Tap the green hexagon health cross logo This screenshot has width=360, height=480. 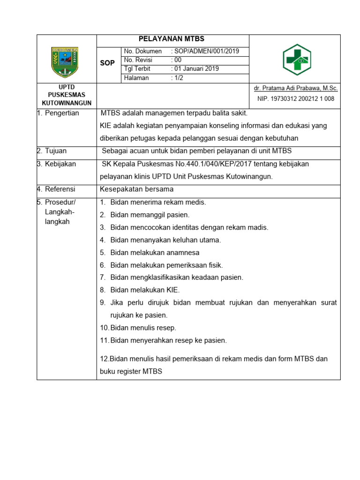tap(297, 59)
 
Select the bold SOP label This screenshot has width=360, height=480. tap(107, 63)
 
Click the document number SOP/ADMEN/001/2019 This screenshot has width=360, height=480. tap(206, 51)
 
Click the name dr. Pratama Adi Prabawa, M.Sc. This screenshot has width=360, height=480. tap(295, 88)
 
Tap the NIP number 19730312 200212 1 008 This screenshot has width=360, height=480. tap(295, 99)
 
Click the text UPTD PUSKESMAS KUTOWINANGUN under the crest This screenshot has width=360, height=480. tap(67, 95)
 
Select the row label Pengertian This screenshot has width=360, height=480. tap(61, 113)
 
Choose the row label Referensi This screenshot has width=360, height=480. tap(60, 189)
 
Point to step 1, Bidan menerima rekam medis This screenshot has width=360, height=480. tap(158, 202)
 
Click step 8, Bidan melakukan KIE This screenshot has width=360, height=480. tap(145, 290)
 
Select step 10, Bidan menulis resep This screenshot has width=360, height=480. tap(143, 328)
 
